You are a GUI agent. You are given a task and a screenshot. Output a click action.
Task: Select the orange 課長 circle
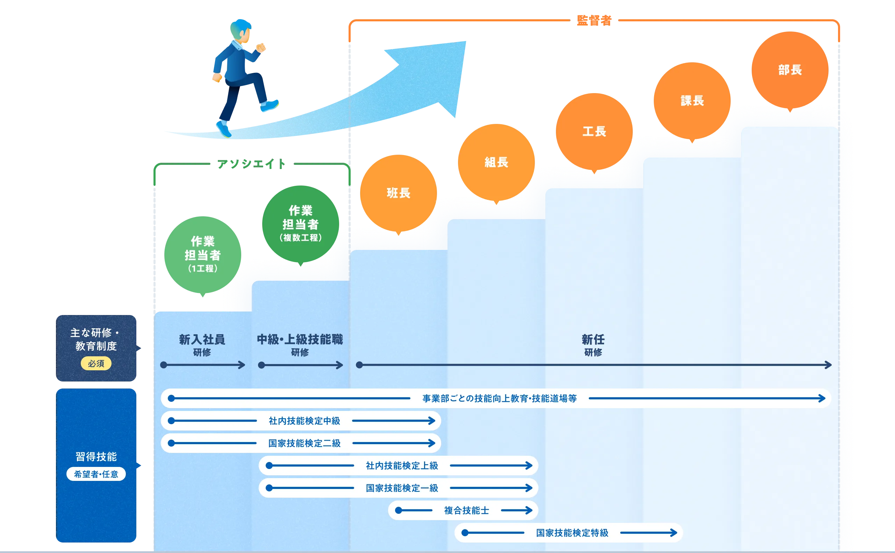click(x=692, y=100)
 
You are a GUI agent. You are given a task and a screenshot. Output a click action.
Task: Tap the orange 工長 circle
click(x=594, y=131)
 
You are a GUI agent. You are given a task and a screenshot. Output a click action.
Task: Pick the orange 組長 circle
click(x=496, y=162)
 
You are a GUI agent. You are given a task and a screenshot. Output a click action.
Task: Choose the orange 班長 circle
click(x=399, y=193)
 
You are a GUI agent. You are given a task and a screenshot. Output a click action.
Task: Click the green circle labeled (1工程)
click(x=203, y=254)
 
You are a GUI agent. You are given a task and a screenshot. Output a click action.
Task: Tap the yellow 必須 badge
click(x=96, y=364)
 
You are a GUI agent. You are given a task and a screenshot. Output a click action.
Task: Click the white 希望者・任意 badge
click(x=96, y=474)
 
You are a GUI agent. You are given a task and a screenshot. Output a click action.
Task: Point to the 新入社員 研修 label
click(x=202, y=344)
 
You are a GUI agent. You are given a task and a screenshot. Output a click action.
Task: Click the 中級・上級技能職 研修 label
click(x=300, y=344)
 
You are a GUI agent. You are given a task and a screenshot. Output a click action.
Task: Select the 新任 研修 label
click(x=593, y=344)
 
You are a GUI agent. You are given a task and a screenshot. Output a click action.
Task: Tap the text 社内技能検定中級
click(x=304, y=421)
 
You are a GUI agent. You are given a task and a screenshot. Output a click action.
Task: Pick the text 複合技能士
click(x=466, y=510)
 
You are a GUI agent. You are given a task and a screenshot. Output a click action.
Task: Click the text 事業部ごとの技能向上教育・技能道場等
click(x=499, y=398)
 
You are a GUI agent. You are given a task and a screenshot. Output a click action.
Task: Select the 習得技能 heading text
click(x=96, y=456)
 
